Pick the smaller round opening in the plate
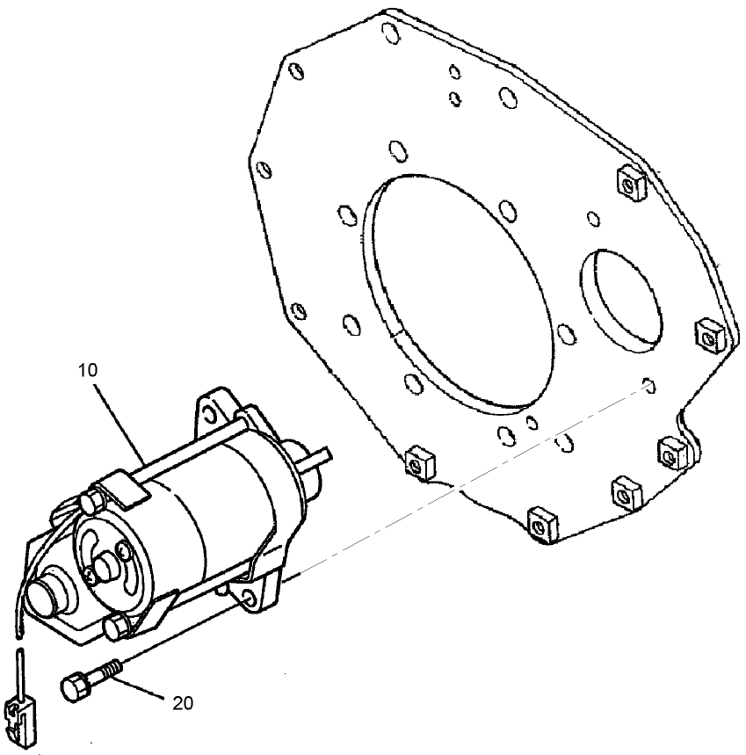620,298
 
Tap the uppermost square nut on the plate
629,182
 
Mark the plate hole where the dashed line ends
648,384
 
